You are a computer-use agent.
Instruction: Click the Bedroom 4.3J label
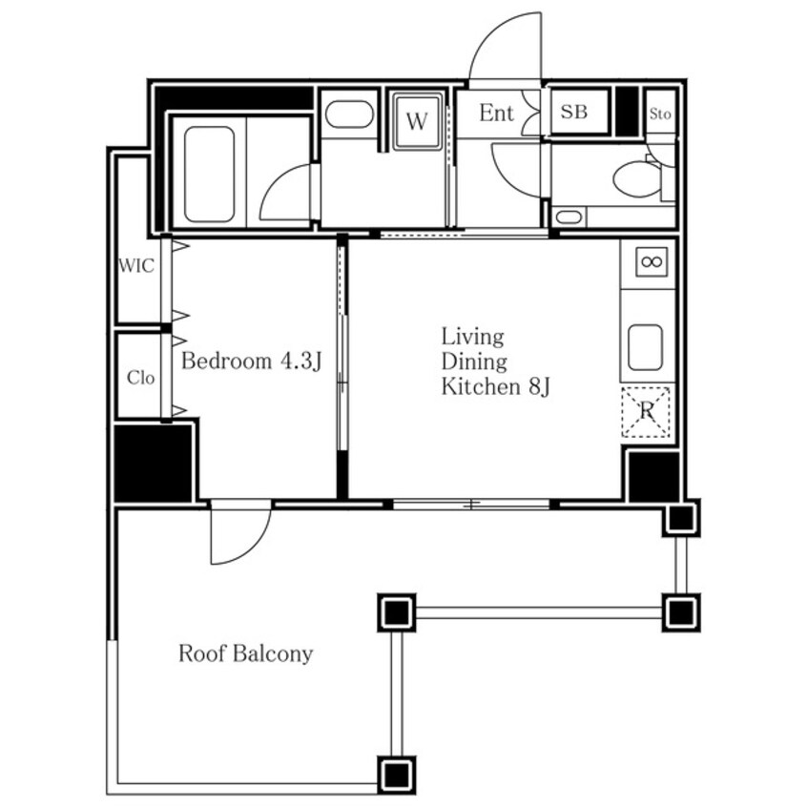(x=251, y=361)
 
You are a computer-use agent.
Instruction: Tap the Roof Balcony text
(x=245, y=653)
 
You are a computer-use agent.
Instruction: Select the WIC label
(x=135, y=265)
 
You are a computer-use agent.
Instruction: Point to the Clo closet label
(x=140, y=378)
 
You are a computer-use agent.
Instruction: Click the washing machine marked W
(x=416, y=121)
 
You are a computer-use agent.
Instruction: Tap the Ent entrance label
(x=496, y=114)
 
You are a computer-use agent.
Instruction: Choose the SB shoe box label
(x=574, y=112)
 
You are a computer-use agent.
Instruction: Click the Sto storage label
(x=660, y=114)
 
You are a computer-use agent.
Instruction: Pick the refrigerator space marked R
(x=646, y=412)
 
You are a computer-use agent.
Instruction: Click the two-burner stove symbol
(x=652, y=262)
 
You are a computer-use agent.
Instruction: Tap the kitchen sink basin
(x=646, y=347)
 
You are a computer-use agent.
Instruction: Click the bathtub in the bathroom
(x=209, y=174)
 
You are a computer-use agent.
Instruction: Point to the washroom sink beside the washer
(x=349, y=114)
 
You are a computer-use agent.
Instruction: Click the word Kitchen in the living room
(x=481, y=386)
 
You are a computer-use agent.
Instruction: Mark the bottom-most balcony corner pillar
(x=396, y=775)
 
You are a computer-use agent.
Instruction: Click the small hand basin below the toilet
(x=569, y=217)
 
